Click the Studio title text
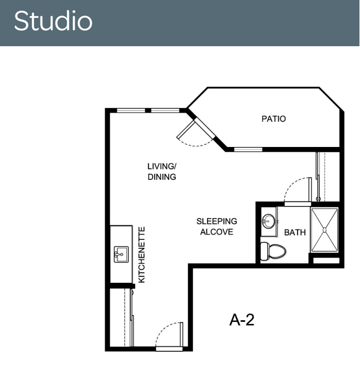53,21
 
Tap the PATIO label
274,119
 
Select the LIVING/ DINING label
162,171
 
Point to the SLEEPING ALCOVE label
216,227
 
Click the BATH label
295,233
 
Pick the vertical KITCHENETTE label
142,255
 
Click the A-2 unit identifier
242,320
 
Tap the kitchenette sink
121,254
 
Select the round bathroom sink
269,221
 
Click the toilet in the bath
273,251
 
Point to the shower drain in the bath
324,230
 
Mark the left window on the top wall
131,111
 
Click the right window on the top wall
165,111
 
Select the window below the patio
248,150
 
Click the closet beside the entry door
121,317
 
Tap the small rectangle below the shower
326,261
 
